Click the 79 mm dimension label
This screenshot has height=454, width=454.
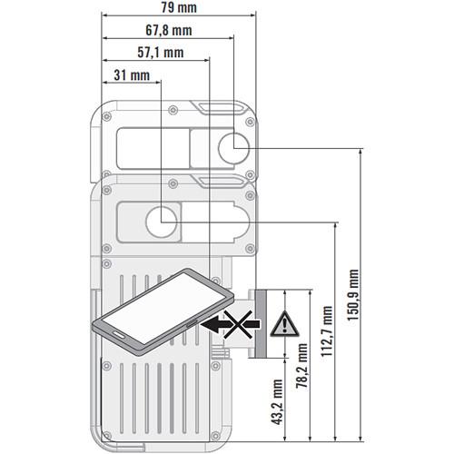178,8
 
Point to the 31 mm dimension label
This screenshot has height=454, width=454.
133,75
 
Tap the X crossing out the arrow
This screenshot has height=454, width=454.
239,322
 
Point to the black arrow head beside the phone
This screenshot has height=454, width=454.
211,322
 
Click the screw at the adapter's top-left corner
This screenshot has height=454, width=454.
107,117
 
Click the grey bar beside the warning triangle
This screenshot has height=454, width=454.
260,323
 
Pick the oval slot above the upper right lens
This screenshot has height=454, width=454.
220,108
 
